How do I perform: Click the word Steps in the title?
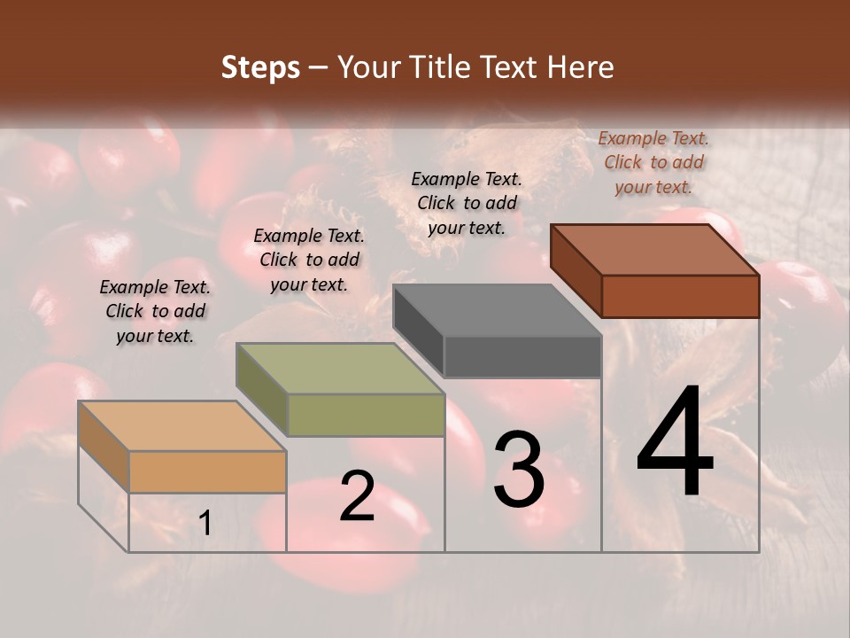tap(260, 67)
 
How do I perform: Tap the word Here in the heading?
tap(581, 67)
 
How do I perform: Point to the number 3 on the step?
tap(519, 469)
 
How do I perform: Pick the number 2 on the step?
tap(357, 496)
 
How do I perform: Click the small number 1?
tap(205, 524)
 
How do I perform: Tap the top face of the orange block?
tap(182, 425)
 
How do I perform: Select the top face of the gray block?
tap(497, 310)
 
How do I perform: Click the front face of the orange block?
tap(207, 471)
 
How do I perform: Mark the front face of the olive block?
tap(366, 415)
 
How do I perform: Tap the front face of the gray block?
tap(522, 357)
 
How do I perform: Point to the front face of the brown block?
tap(680, 296)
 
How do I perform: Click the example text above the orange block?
tap(155, 311)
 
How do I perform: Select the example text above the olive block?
tap(309, 260)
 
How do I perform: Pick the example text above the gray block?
tap(467, 203)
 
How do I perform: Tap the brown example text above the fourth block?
tap(653, 162)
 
